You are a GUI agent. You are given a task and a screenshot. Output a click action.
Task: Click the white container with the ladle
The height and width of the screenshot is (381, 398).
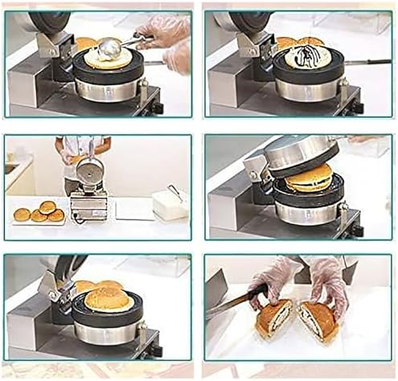pos(170,205)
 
